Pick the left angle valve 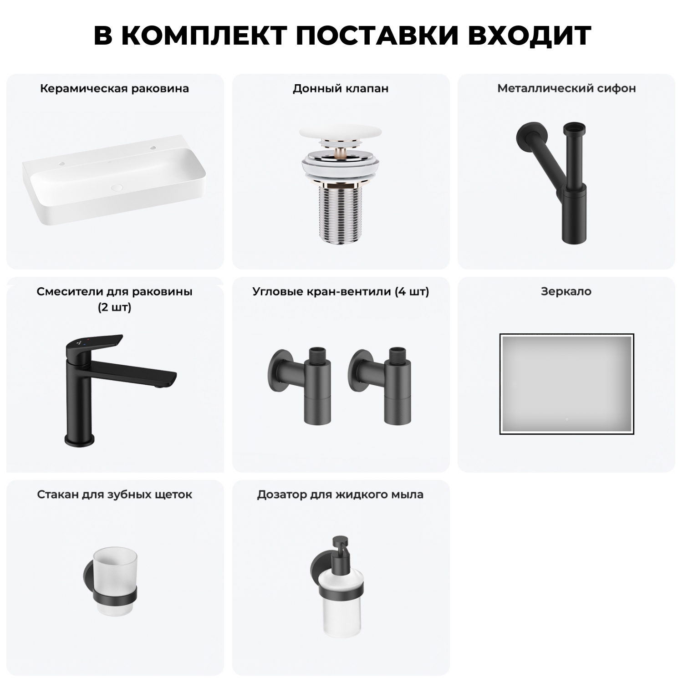[x=301, y=382]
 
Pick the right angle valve [x=381, y=382]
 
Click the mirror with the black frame [x=566, y=384]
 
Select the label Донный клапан [x=341, y=88]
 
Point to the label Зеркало [x=566, y=291]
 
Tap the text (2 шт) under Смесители [x=115, y=307]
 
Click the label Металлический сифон [x=566, y=88]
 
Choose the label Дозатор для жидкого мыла [x=340, y=494]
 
